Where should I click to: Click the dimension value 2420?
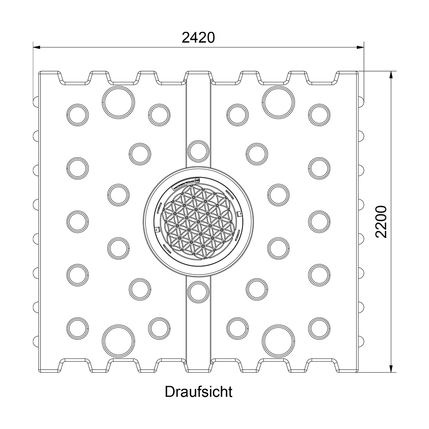(198, 37)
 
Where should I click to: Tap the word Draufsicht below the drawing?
(198, 392)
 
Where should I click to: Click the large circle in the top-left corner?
(118, 102)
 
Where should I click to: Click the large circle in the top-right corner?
(278, 102)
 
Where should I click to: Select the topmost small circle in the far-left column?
(78, 114)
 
